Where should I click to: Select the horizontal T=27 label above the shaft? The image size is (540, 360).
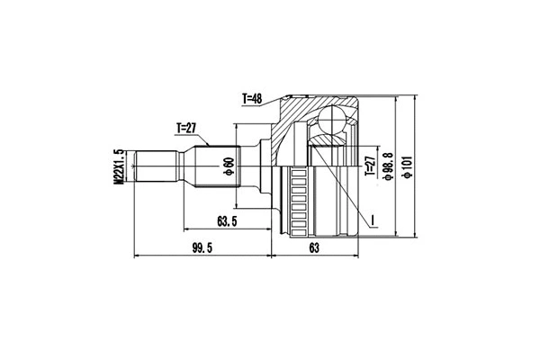coord(187,128)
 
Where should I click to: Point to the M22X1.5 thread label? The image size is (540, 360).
coord(118,166)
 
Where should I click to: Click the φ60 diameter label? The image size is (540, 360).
coord(229,166)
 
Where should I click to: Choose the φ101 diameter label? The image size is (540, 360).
coord(408,166)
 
